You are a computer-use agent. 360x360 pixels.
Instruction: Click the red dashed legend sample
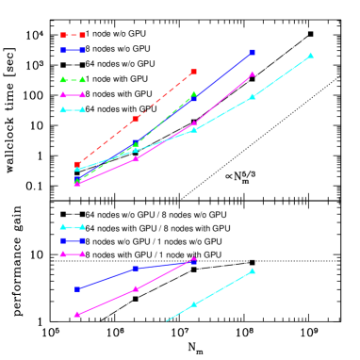point(73,35)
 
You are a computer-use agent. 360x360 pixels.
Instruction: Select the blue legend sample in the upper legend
point(73,50)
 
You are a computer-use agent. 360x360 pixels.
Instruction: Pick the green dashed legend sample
point(73,79)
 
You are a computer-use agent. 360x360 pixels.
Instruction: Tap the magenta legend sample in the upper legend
point(73,94)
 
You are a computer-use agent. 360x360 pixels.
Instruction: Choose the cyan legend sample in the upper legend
point(73,109)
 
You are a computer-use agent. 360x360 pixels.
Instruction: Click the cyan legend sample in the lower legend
point(73,226)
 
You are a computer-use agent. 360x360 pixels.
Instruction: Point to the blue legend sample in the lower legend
point(73,240)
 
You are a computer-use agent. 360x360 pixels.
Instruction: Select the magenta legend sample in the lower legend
point(73,254)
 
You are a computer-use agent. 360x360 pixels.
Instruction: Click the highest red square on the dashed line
point(193,72)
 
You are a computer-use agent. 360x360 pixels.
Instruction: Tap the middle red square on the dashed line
point(136,119)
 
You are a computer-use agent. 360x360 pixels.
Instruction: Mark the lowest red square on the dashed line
point(77,164)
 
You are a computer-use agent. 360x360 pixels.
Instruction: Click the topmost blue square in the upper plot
point(253,52)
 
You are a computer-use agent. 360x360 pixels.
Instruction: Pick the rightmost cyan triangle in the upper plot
point(310,56)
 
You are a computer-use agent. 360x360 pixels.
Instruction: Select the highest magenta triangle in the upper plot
point(252,74)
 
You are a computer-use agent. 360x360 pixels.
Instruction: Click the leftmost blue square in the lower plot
point(77,288)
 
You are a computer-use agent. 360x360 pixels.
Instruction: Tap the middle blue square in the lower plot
point(136,269)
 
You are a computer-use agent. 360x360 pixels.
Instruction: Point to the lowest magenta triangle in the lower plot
point(77,314)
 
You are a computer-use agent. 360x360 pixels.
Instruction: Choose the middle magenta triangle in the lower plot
point(136,288)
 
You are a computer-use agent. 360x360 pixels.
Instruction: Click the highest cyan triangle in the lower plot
point(252,270)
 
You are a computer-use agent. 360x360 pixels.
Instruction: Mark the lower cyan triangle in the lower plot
point(194,303)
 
